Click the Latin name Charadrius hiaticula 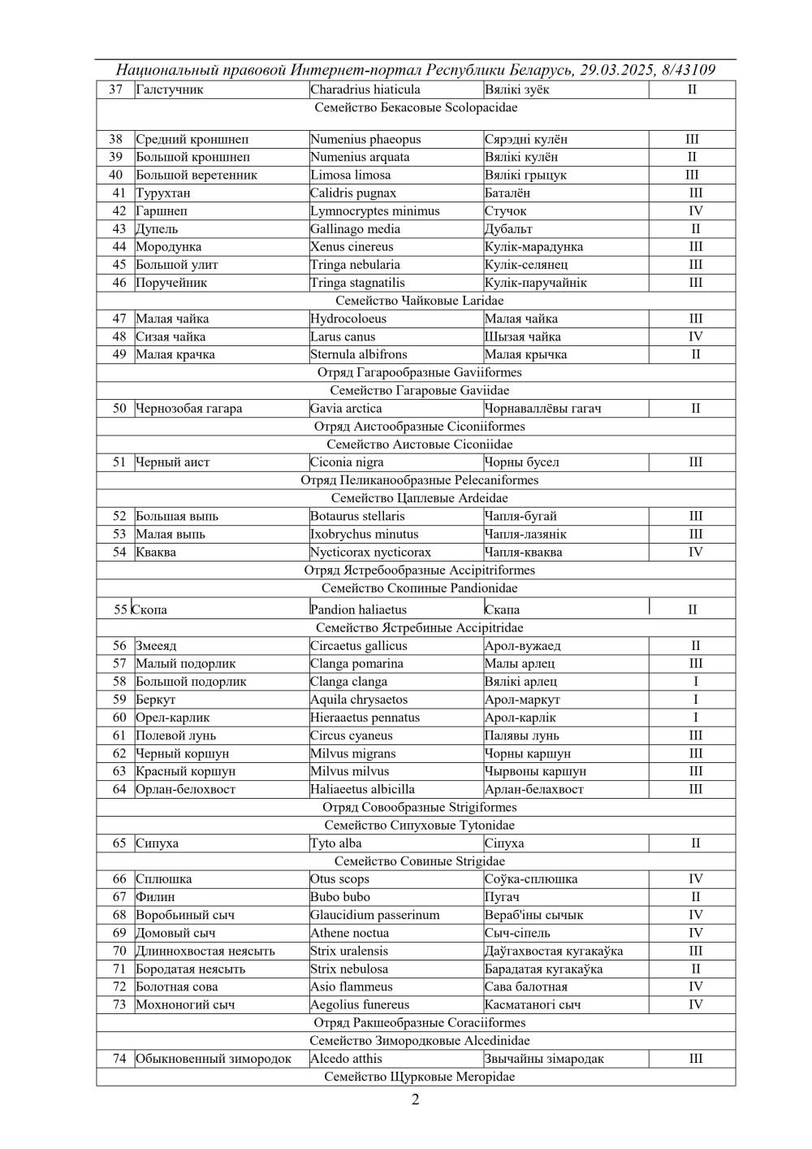coord(365,89)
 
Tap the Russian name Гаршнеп coord(162,211)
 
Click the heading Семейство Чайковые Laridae coord(416,301)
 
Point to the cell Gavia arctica coord(346,409)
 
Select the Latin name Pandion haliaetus coord(358,609)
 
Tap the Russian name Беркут coord(155,700)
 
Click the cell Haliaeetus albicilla coord(362,789)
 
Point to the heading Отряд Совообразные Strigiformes coord(416,807)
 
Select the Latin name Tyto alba coord(336,843)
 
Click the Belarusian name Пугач coord(502,897)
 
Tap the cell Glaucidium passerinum coord(374,915)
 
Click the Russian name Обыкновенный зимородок coord(213,1059)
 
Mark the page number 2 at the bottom coord(416,1101)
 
